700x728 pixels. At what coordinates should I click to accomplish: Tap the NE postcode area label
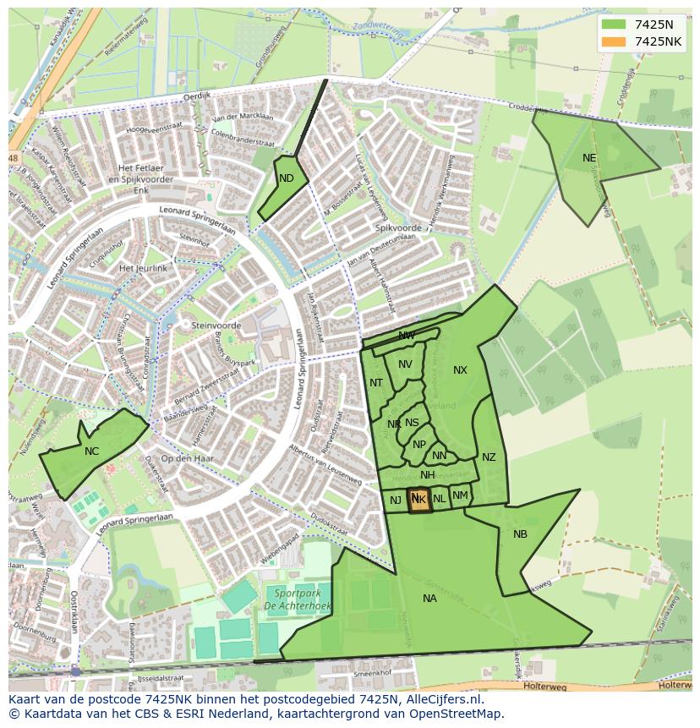coord(589,158)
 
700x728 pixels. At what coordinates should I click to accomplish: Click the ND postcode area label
coord(287,178)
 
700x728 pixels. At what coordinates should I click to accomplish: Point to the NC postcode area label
coord(91,452)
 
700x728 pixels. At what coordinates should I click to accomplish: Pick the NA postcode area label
coord(429,599)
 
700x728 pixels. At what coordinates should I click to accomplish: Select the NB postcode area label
coord(520,534)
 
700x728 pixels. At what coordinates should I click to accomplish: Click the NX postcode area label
coord(460,370)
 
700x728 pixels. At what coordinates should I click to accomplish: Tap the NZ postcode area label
coord(489,457)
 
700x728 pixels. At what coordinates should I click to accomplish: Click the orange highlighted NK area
coord(418,500)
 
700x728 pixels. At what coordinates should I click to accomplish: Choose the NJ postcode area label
coord(395,501)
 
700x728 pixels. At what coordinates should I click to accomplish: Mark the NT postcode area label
coord(376,383)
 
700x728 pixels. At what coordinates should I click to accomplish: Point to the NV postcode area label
coord(405,364)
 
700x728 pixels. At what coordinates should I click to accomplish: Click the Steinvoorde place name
coord(216,326)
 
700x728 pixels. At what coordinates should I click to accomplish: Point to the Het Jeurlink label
coord(144,268)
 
